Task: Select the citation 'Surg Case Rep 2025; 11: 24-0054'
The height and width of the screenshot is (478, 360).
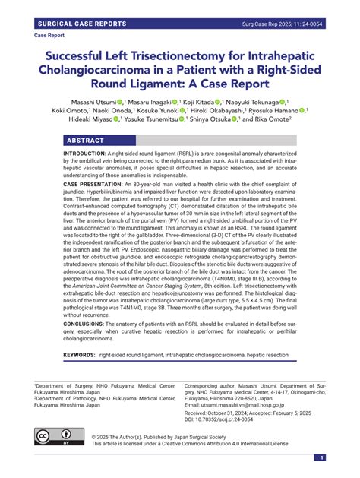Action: pos(282,24)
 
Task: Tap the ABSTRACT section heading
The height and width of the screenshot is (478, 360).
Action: pos(85,141)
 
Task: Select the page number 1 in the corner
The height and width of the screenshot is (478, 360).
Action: pos(321,457)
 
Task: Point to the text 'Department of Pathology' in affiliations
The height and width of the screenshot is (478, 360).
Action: pos(71,397)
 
